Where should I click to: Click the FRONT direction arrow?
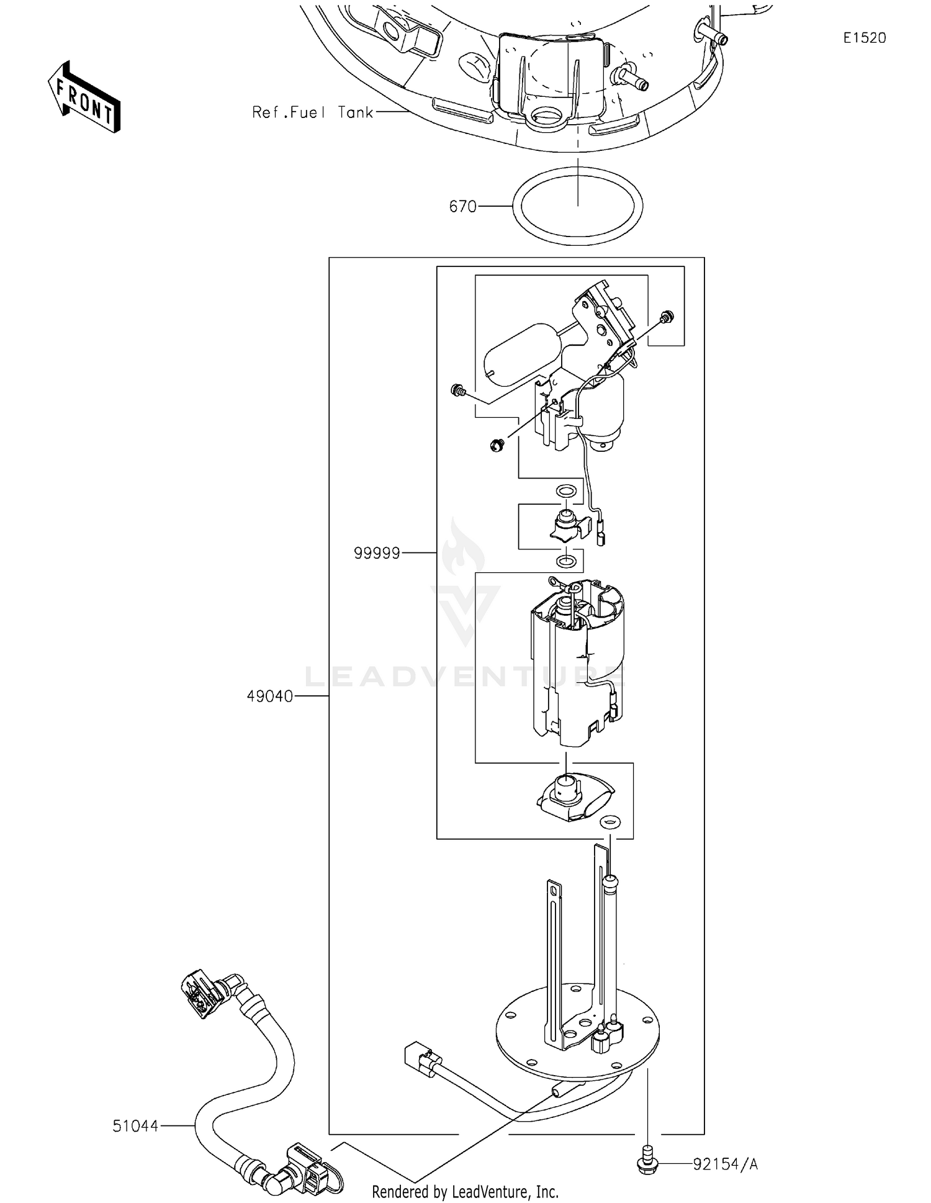click(84, 97)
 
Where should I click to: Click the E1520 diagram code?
click(864, 38)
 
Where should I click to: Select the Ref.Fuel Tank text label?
click(312, 112)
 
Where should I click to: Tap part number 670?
click(462, 206)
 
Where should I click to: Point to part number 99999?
click(377, 552)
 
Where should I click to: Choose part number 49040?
click(269, 696)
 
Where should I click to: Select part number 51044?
click(135, 1125)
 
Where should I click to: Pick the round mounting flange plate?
click(577, 1034)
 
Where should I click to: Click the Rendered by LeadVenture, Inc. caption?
click(465, 1191)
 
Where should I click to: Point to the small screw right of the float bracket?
click(667, 317)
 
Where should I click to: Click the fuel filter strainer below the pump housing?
click(574, 800)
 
